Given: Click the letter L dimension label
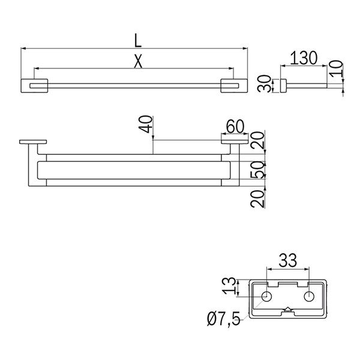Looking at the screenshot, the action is click(x=138, y=41).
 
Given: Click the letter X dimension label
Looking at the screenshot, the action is click(x=138, y=61).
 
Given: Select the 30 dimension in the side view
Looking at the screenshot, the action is click(x=264, y=83).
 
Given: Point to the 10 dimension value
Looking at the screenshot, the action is click(x=335, y=68).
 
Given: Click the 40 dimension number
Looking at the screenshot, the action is click(x=146, y=124).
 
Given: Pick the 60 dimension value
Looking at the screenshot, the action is click(x=235, y=127).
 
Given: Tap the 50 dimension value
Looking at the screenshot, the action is click(x=258, y=170).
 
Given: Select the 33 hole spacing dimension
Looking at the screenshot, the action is click(x=287, y=260).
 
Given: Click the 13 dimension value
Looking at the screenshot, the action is click(x=230, y=286).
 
